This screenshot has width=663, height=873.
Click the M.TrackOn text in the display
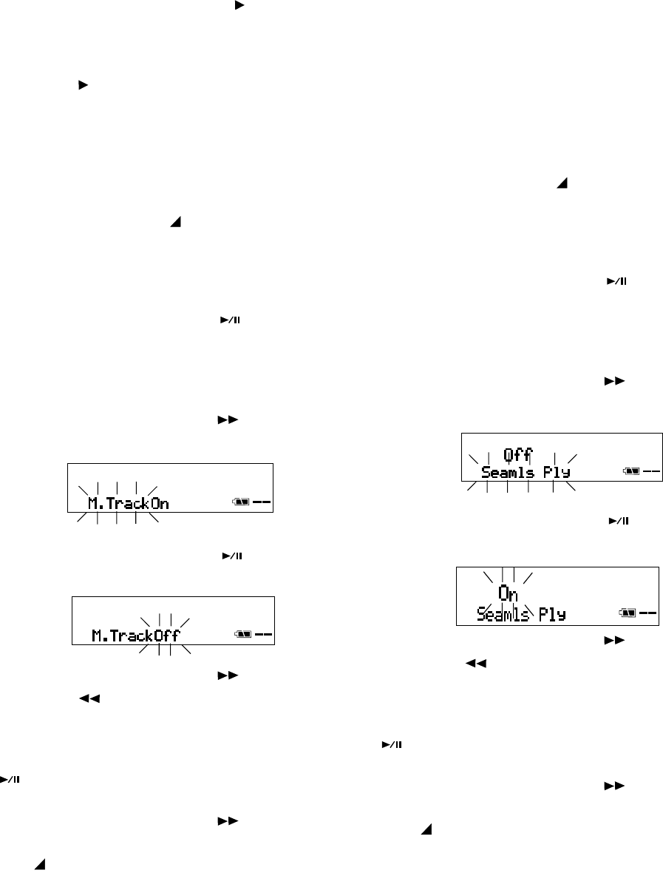pos(129,505)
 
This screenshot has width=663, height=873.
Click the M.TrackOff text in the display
pos(135,635)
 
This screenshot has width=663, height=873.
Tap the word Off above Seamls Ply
pos(517,454)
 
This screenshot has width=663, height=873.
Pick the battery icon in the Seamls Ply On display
pos(628,613)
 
